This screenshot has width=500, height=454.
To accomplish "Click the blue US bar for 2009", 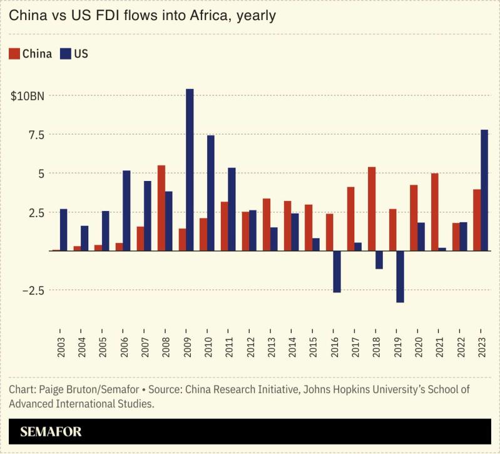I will pyautogui.click(x=190, y=170).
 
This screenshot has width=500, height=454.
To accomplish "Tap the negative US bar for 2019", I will pyautogui.click(x=400, y=276).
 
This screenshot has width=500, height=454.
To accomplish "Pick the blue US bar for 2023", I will pyautogui.click(x=484, y=190).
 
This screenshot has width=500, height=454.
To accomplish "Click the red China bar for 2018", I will pyautogui.click(x=372, y=209).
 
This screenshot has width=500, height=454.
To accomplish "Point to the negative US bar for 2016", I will pyautogui.click(x=337, y=271).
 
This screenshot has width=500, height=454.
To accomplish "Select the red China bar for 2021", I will pyautogui.click(x=435, y=212).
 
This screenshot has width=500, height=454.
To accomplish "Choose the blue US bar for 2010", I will pyautogui.click(x=211, y=193).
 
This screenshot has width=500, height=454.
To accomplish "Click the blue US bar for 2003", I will pyautogui.click(x=63, y=230).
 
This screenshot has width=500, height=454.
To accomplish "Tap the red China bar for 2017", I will pyautogui.click(x=350, y=219).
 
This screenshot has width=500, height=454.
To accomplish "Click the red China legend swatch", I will pyautogui.click(x=14, y=53).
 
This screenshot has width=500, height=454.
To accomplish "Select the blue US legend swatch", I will pyautogui.click(x=66, y=53).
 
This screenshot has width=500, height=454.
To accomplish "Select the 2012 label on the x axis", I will pyautogui.click(x=250, y=344).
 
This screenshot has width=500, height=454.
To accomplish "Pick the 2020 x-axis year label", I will pyautogui.click(x=418, y=344).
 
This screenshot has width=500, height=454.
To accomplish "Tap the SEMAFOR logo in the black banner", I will pyautogui.click(x=51, y=431).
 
